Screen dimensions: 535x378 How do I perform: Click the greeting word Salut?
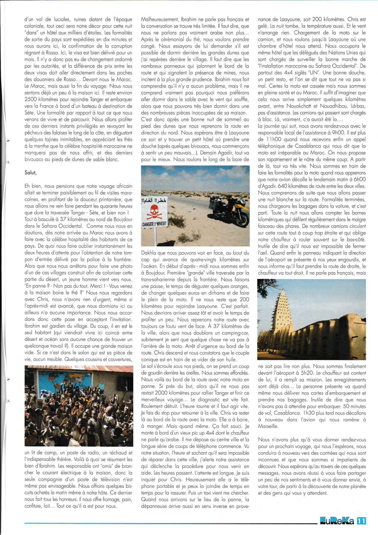[x=30, y=173]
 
